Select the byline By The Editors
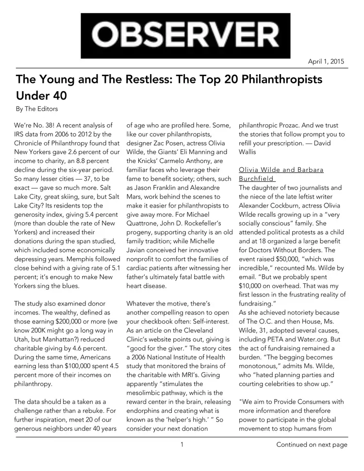(x=37, y=109)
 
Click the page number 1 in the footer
(x=182, y=444)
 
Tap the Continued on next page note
(x=312, y=444)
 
